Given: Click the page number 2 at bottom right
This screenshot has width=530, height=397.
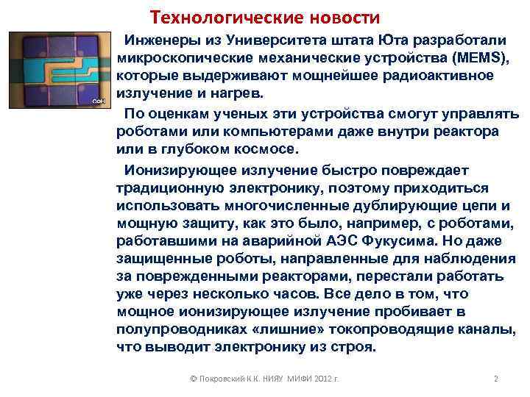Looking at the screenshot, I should (495, 380).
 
